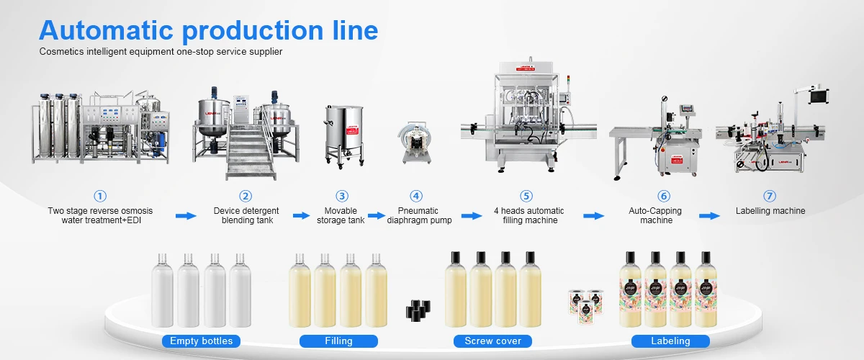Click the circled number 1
100,196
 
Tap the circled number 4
416,196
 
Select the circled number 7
770,196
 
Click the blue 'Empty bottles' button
201,341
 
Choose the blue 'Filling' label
338,341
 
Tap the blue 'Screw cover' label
492,341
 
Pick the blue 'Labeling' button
670,341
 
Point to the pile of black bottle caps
418,309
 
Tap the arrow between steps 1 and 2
186,216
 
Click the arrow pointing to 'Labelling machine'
709,216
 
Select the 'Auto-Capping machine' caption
656,216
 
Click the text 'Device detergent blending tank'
246,216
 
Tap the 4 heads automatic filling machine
527,119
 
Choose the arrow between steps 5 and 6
593,216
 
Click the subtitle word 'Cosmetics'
62,52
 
